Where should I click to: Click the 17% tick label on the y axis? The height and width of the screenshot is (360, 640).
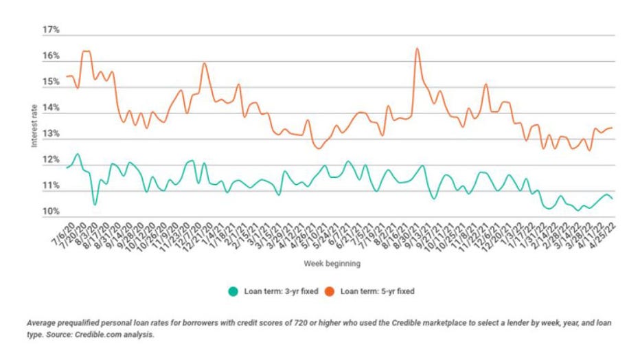pos(51,30)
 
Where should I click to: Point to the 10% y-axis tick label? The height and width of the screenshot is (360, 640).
pos(51,212)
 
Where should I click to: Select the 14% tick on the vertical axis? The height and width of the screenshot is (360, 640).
pos(51,109)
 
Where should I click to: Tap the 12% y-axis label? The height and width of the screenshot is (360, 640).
pos(51,160)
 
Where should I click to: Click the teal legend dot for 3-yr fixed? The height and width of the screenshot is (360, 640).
pos(233,291)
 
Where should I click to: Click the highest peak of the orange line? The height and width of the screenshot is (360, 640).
pos(418,49)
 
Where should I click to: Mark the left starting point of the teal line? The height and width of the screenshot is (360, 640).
pos(67,168)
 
